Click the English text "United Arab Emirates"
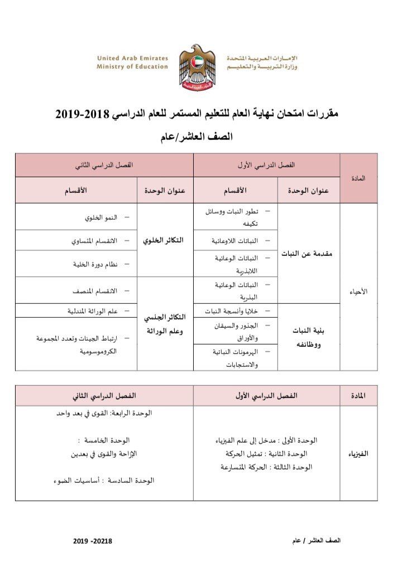(132, 58)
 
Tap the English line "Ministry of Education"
(132, 66)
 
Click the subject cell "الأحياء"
(358, 291)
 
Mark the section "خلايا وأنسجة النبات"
(233, 310)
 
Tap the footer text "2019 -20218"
(92, 541)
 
